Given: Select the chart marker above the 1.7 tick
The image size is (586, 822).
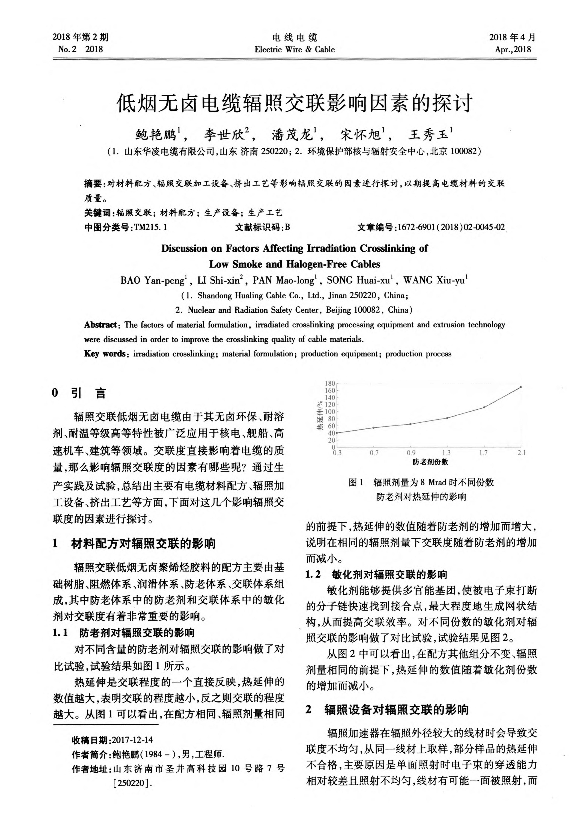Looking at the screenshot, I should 484,407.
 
